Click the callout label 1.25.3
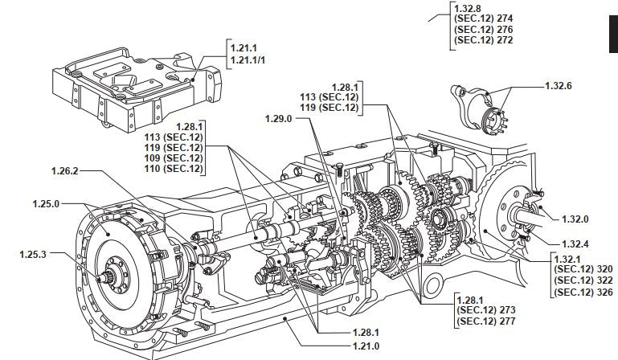pyautogui.click(x=33, y=254)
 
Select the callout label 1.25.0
pyautogui.click(x=46, y=204)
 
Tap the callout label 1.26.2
pyautogui.click(x=64, y=170)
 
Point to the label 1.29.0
pyautogui.click(x=279, y=119)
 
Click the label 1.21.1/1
pyautogui.click(x=248, y=60)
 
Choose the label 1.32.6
pyautogui.click(x=559, y=85)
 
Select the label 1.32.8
pyautogui.click(x=468, y=8)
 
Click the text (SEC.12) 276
pyautogui.click(x=484, y=30)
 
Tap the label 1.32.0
pyautogui.click(x=575, y=219)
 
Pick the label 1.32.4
pyautogui.click(x=575, y=244)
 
